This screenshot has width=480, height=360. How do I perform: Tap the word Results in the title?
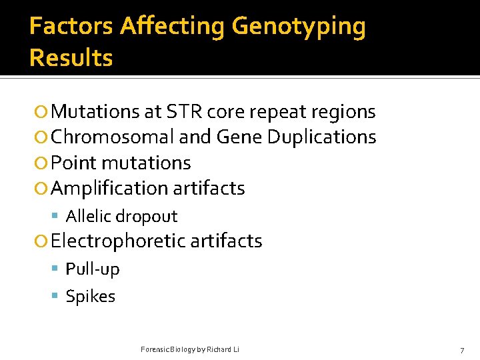point(71,58)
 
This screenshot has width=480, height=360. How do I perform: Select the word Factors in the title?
point(71,27)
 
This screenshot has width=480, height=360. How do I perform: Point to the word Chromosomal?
point(113,137)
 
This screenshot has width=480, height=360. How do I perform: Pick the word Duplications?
point(321,137)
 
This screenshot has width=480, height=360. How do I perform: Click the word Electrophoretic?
point(118,241)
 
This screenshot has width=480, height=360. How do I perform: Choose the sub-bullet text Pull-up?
point(93,269)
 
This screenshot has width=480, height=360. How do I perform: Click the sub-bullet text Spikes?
point(90,297)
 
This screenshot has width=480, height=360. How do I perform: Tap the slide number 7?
point(462,350)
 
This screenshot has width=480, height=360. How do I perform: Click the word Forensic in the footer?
point(155,349)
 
